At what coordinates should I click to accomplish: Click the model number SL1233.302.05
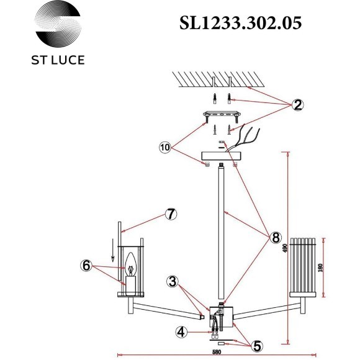(x=240, y=24)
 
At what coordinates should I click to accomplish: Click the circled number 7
(x=171, y=214)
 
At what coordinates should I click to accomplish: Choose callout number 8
(x=275, y=238)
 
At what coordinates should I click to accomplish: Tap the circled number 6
(x=87, y=265)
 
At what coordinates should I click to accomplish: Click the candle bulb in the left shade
(x=130, y=267)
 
